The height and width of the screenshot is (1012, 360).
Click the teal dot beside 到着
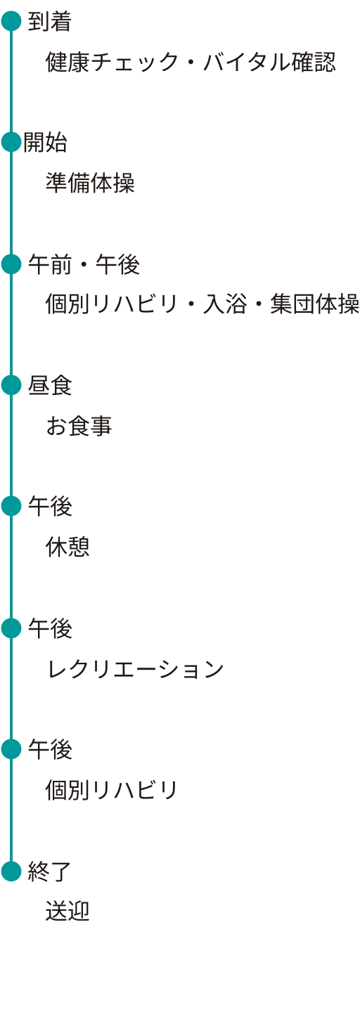pos(11,21)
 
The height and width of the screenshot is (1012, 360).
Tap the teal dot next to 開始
pos(11,142)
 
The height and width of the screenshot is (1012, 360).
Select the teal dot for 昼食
pos(11,385)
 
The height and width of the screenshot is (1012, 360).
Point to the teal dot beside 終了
pos(11,871)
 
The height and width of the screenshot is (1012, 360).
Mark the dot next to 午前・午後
pos(11,264)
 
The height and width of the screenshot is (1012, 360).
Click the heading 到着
pos(50,21)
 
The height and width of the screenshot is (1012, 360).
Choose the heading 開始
pos(45,143)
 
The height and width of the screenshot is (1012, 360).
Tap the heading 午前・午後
pos(84,264)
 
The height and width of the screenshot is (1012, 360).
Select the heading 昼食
pos(50,386)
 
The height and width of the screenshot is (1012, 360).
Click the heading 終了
pos(50,871)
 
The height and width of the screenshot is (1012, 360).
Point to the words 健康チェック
pos(112,62)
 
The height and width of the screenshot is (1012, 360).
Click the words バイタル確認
pos(269,62)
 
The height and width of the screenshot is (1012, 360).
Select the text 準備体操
pos(90,183)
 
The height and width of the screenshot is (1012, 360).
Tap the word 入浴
pos(225,304)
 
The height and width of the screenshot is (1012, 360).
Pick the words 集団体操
pos(315,304)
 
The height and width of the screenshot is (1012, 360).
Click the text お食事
pos(79,426)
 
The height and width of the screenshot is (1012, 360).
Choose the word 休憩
pos(67,547)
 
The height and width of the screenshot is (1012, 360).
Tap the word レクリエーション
pos(135,668)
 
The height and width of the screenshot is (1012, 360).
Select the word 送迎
pos(67,912)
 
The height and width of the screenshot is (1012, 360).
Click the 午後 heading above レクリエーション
pos(50,628)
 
